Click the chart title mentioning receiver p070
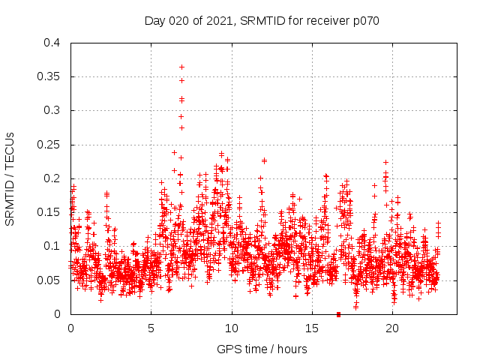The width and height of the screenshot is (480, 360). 262,20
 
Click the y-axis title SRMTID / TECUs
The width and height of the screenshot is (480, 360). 10,178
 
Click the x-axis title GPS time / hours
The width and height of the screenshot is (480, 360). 262,349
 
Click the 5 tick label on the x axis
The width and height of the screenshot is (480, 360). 151,328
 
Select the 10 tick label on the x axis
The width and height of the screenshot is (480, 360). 232,328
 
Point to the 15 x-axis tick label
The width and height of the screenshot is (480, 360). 312,328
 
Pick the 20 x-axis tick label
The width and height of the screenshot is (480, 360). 393,328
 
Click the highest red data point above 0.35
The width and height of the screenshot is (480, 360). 181,67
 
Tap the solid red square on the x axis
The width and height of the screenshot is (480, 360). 338,314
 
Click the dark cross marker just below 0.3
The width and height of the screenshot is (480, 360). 181,116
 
